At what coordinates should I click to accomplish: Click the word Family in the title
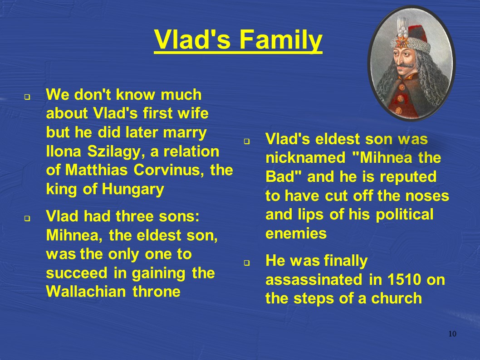pyautogui.click(x=280, y=40)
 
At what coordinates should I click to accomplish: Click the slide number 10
pyautogui.click(x=452, y=334)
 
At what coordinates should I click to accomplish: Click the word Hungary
pyautogui.click(x=133, y=190)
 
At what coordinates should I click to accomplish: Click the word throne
pyautogui.click(x=157, y=292)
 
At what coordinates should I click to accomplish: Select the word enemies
pyautogui.click(x=296, y=234)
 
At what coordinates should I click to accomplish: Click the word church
pyautogui.click(x=397, y=298)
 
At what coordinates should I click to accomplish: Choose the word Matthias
pyautogui.click(x=97, y=170)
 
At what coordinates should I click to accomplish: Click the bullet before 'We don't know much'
pyautogui.click(x=28, y=97)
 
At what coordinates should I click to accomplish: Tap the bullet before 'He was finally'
pyautogui.click(x=247, y=263)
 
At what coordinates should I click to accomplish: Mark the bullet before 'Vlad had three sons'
pyautogui.click(x=28, y=219)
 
